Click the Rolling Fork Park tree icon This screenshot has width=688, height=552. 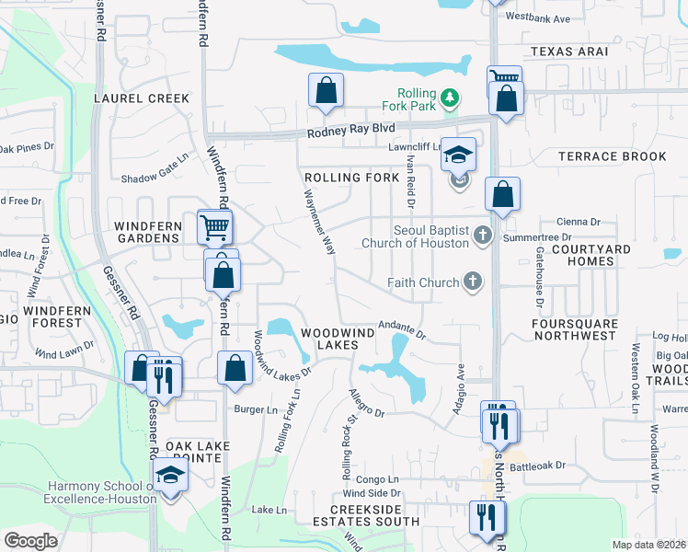[x=449, y=97]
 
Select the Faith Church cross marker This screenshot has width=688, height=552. [x=472, y=282]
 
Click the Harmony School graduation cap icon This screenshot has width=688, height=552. [x=171, y=476]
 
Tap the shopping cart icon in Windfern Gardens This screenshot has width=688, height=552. [x=214, y=225]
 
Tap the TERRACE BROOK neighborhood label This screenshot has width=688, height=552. [x=613, y=156]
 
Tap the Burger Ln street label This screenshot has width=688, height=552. [x=255, y=409]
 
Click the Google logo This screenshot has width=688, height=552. [x=30, y=540]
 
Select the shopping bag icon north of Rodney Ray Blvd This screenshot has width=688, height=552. [x=326, y=90]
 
